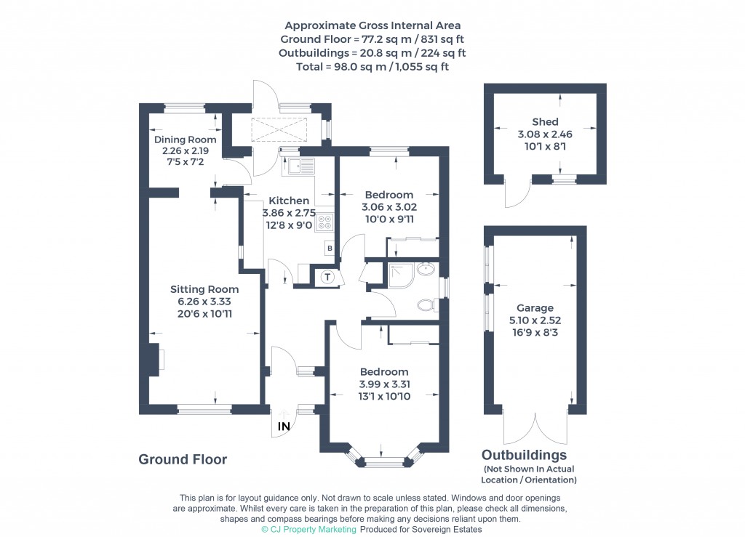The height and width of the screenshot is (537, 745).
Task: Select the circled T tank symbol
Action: pos(327,276)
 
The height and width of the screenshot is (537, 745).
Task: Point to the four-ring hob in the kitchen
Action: pos(324,222)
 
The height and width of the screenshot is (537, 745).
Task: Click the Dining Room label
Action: pos(185,140)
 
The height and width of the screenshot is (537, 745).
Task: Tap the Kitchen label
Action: pos(289,201)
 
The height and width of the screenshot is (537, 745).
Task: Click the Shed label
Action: pos(544,122)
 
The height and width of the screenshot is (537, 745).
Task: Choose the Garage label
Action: pos(535,308)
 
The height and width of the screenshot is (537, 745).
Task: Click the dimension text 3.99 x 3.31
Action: pos(383,384)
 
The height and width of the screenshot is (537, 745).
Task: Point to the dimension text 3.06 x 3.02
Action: pos(389,207)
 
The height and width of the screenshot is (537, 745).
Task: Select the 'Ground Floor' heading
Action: pos(183,459)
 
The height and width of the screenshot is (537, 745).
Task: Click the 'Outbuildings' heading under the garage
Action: pos(524,456)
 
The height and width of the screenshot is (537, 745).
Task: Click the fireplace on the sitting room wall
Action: pos(157,360)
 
